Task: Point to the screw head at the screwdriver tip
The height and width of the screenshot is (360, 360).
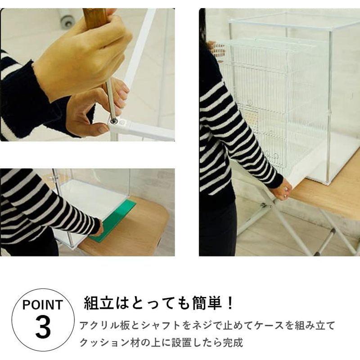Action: tap(113, 120)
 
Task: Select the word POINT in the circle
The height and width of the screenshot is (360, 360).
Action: tap(43, 305)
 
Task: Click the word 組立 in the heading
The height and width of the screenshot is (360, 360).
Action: tap(99, 303)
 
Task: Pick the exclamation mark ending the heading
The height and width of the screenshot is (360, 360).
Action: tap(229, 303)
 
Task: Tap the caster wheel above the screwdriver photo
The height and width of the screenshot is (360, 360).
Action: tap(67, 20)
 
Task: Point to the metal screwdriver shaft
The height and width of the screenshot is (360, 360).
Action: tap(111, 99)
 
